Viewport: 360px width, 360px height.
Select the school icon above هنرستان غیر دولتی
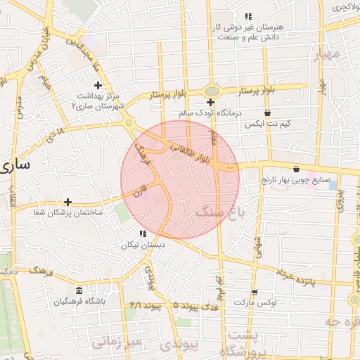247,15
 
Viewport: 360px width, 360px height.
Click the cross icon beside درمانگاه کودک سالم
210,103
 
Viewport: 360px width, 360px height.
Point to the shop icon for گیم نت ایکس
266,112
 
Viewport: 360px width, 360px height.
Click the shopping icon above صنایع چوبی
296,169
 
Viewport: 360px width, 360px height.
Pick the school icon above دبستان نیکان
143,233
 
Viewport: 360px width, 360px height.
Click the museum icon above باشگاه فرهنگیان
78,290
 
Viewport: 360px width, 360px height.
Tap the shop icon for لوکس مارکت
254,292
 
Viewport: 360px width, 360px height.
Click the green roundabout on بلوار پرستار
210,91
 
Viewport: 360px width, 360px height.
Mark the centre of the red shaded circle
180,179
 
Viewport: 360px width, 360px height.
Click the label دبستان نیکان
143,245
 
